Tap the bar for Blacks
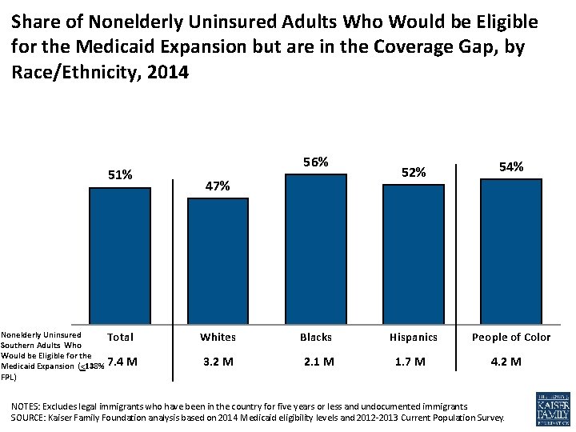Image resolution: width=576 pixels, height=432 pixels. (316, 247)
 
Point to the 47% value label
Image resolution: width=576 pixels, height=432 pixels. (218, 186)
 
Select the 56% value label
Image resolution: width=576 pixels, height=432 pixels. (316, 162)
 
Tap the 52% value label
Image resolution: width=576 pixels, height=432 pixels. (414, 172)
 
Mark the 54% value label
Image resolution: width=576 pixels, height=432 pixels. (511, 166)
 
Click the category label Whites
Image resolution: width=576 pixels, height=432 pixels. (218, 337)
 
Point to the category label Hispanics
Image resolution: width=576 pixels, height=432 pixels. (414, 337)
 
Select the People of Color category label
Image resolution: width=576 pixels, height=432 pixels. (511, 337)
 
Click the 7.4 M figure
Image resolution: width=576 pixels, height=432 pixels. (122, 361)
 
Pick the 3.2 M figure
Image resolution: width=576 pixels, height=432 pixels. (218, 362)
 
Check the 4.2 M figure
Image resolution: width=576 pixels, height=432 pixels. (506, 362)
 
